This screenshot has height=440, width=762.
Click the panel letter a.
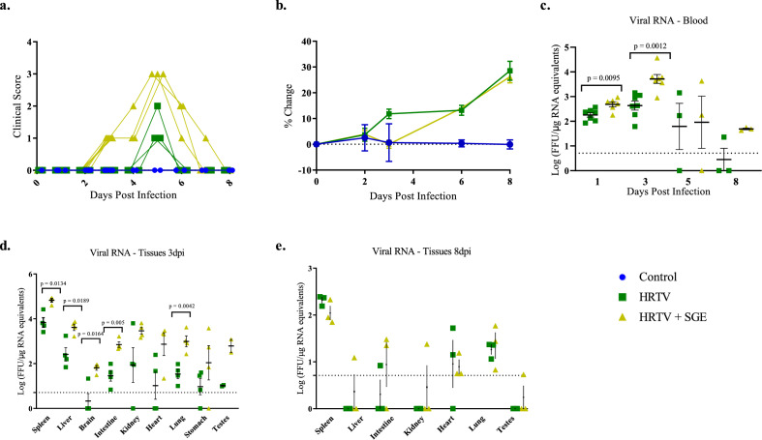8,7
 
